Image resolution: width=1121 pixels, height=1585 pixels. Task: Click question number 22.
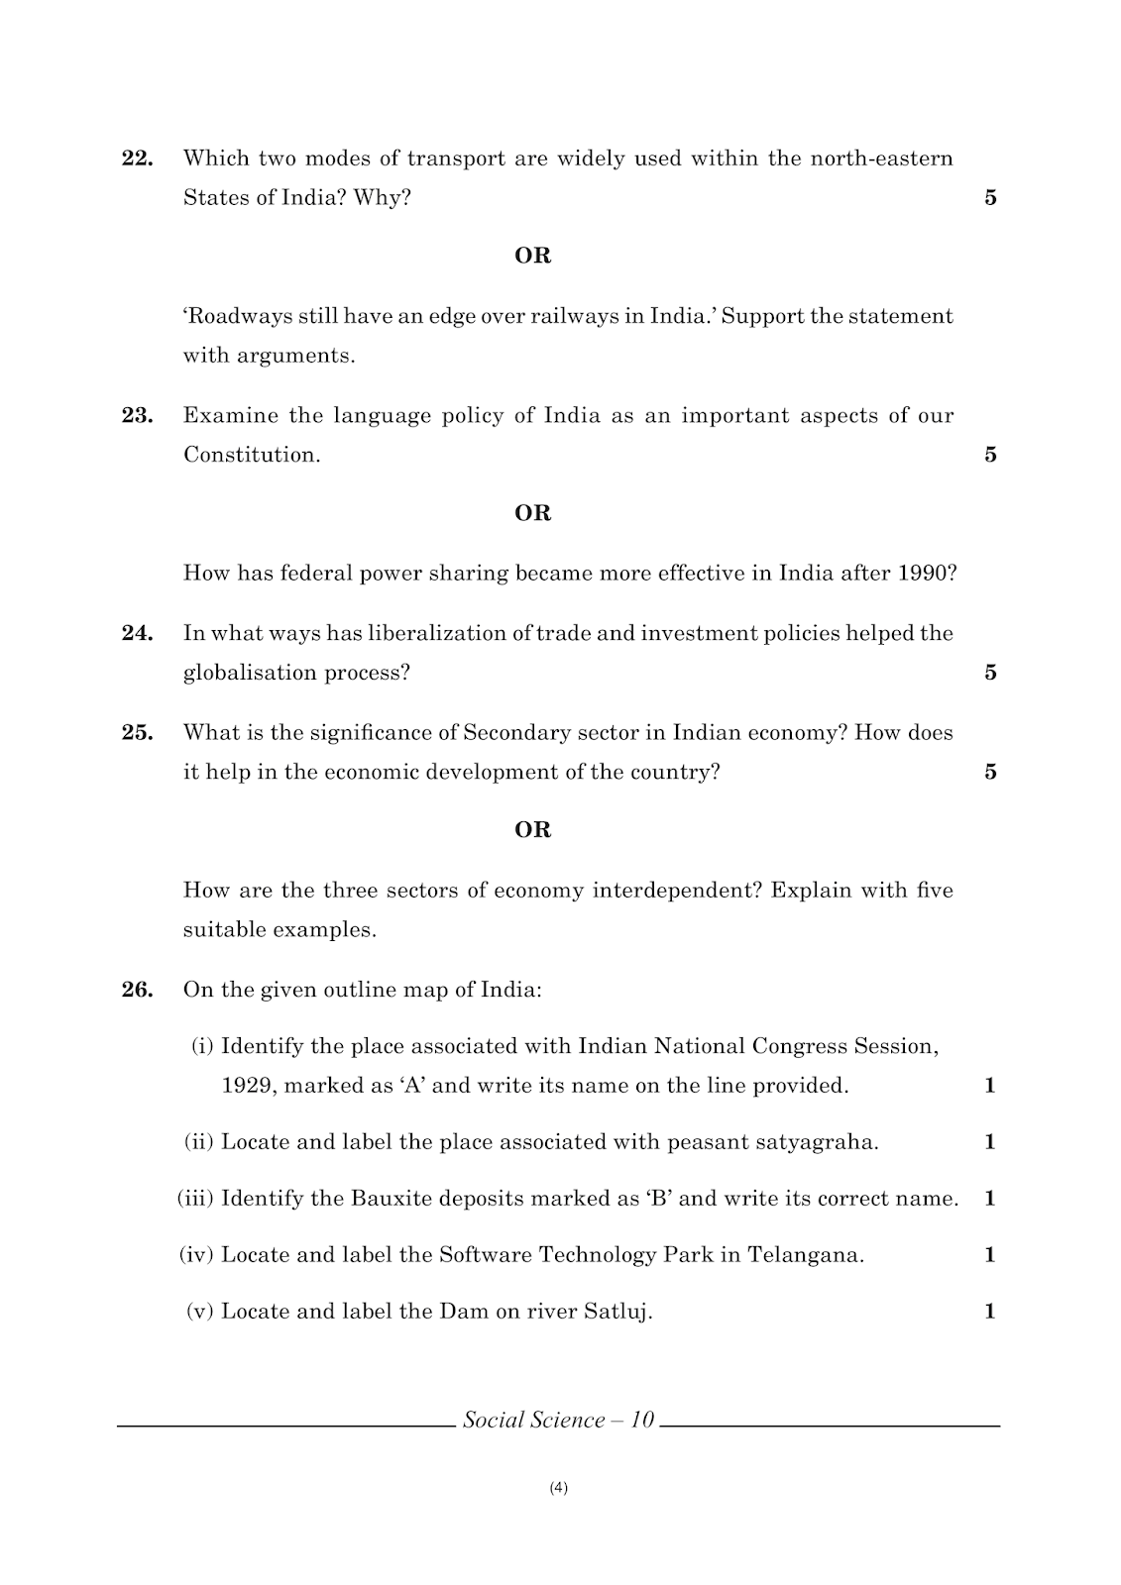[137, 158]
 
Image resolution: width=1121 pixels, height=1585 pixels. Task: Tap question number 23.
[137, 416]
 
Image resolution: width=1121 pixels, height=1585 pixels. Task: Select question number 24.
[137, 634]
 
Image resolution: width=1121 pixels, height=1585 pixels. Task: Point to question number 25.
[137, 733]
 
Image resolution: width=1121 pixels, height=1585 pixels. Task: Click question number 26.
[137, 990]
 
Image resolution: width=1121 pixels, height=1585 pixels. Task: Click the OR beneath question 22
[532, 256]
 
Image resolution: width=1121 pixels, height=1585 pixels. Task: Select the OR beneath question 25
[532, 830]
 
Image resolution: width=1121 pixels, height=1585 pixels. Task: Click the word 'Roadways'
[231, 317]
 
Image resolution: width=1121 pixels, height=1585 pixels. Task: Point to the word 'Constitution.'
[252, 456]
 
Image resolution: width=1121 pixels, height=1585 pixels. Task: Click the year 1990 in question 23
[926, 574]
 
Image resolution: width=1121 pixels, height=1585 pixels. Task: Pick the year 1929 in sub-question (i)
[247, 1086]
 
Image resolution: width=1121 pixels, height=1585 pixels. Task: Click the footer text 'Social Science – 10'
[558, 1421]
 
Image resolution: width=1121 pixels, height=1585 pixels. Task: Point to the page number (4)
[558, 1487]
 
